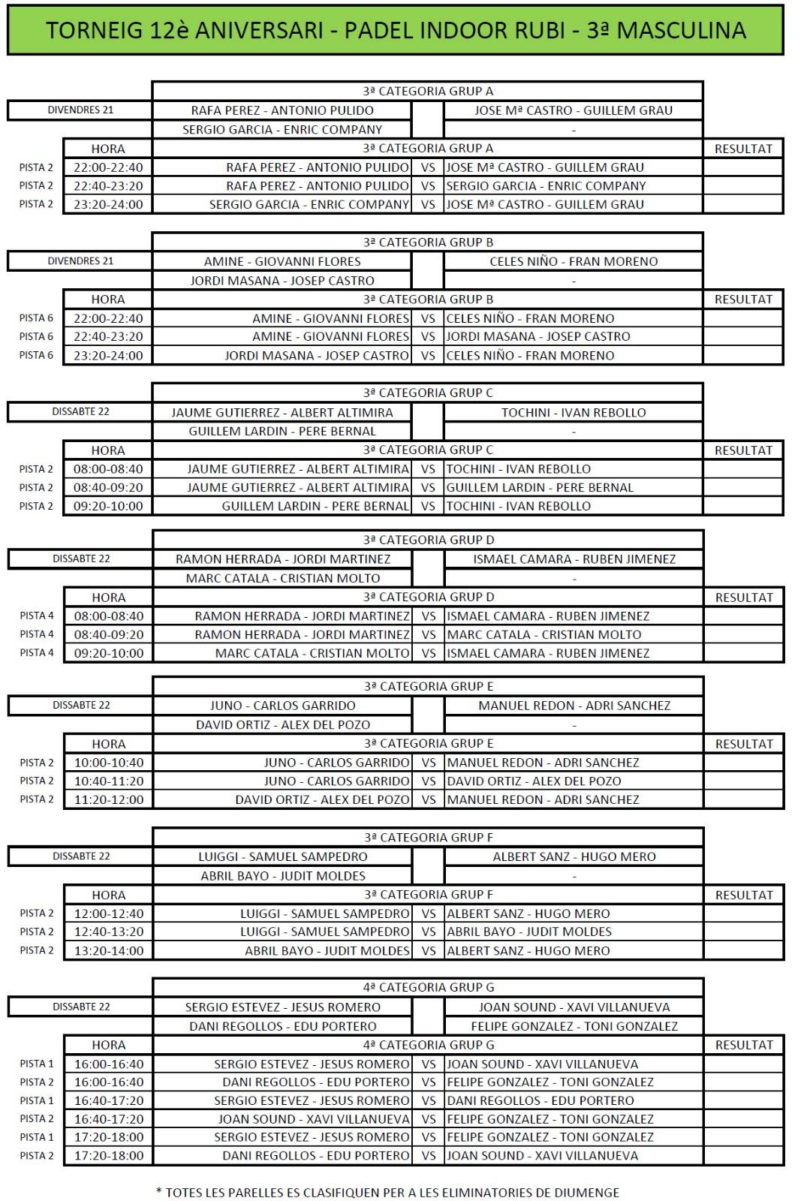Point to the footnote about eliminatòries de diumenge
point(387,1192)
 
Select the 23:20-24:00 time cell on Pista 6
point(108,355)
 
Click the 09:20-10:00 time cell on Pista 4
point(109,653)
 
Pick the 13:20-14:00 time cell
point(109,950)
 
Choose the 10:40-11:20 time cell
point(109,781)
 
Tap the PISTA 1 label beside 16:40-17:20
point(37,1100)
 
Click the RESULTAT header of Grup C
point(743,450)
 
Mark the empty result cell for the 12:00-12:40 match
point(743,914)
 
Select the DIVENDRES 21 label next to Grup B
point(80,260)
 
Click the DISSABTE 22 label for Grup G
point(81,1007)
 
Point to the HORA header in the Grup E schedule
point(109,744)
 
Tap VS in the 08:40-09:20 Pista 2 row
point(428,487)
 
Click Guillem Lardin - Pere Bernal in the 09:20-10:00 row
point(315,506)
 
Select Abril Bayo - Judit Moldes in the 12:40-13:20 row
point(529,932)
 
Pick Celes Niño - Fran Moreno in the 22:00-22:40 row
point(530,318)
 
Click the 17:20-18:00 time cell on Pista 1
point(109,1137)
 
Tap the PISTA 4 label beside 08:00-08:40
point(37,616)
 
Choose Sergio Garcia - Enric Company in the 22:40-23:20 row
point(546,185)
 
